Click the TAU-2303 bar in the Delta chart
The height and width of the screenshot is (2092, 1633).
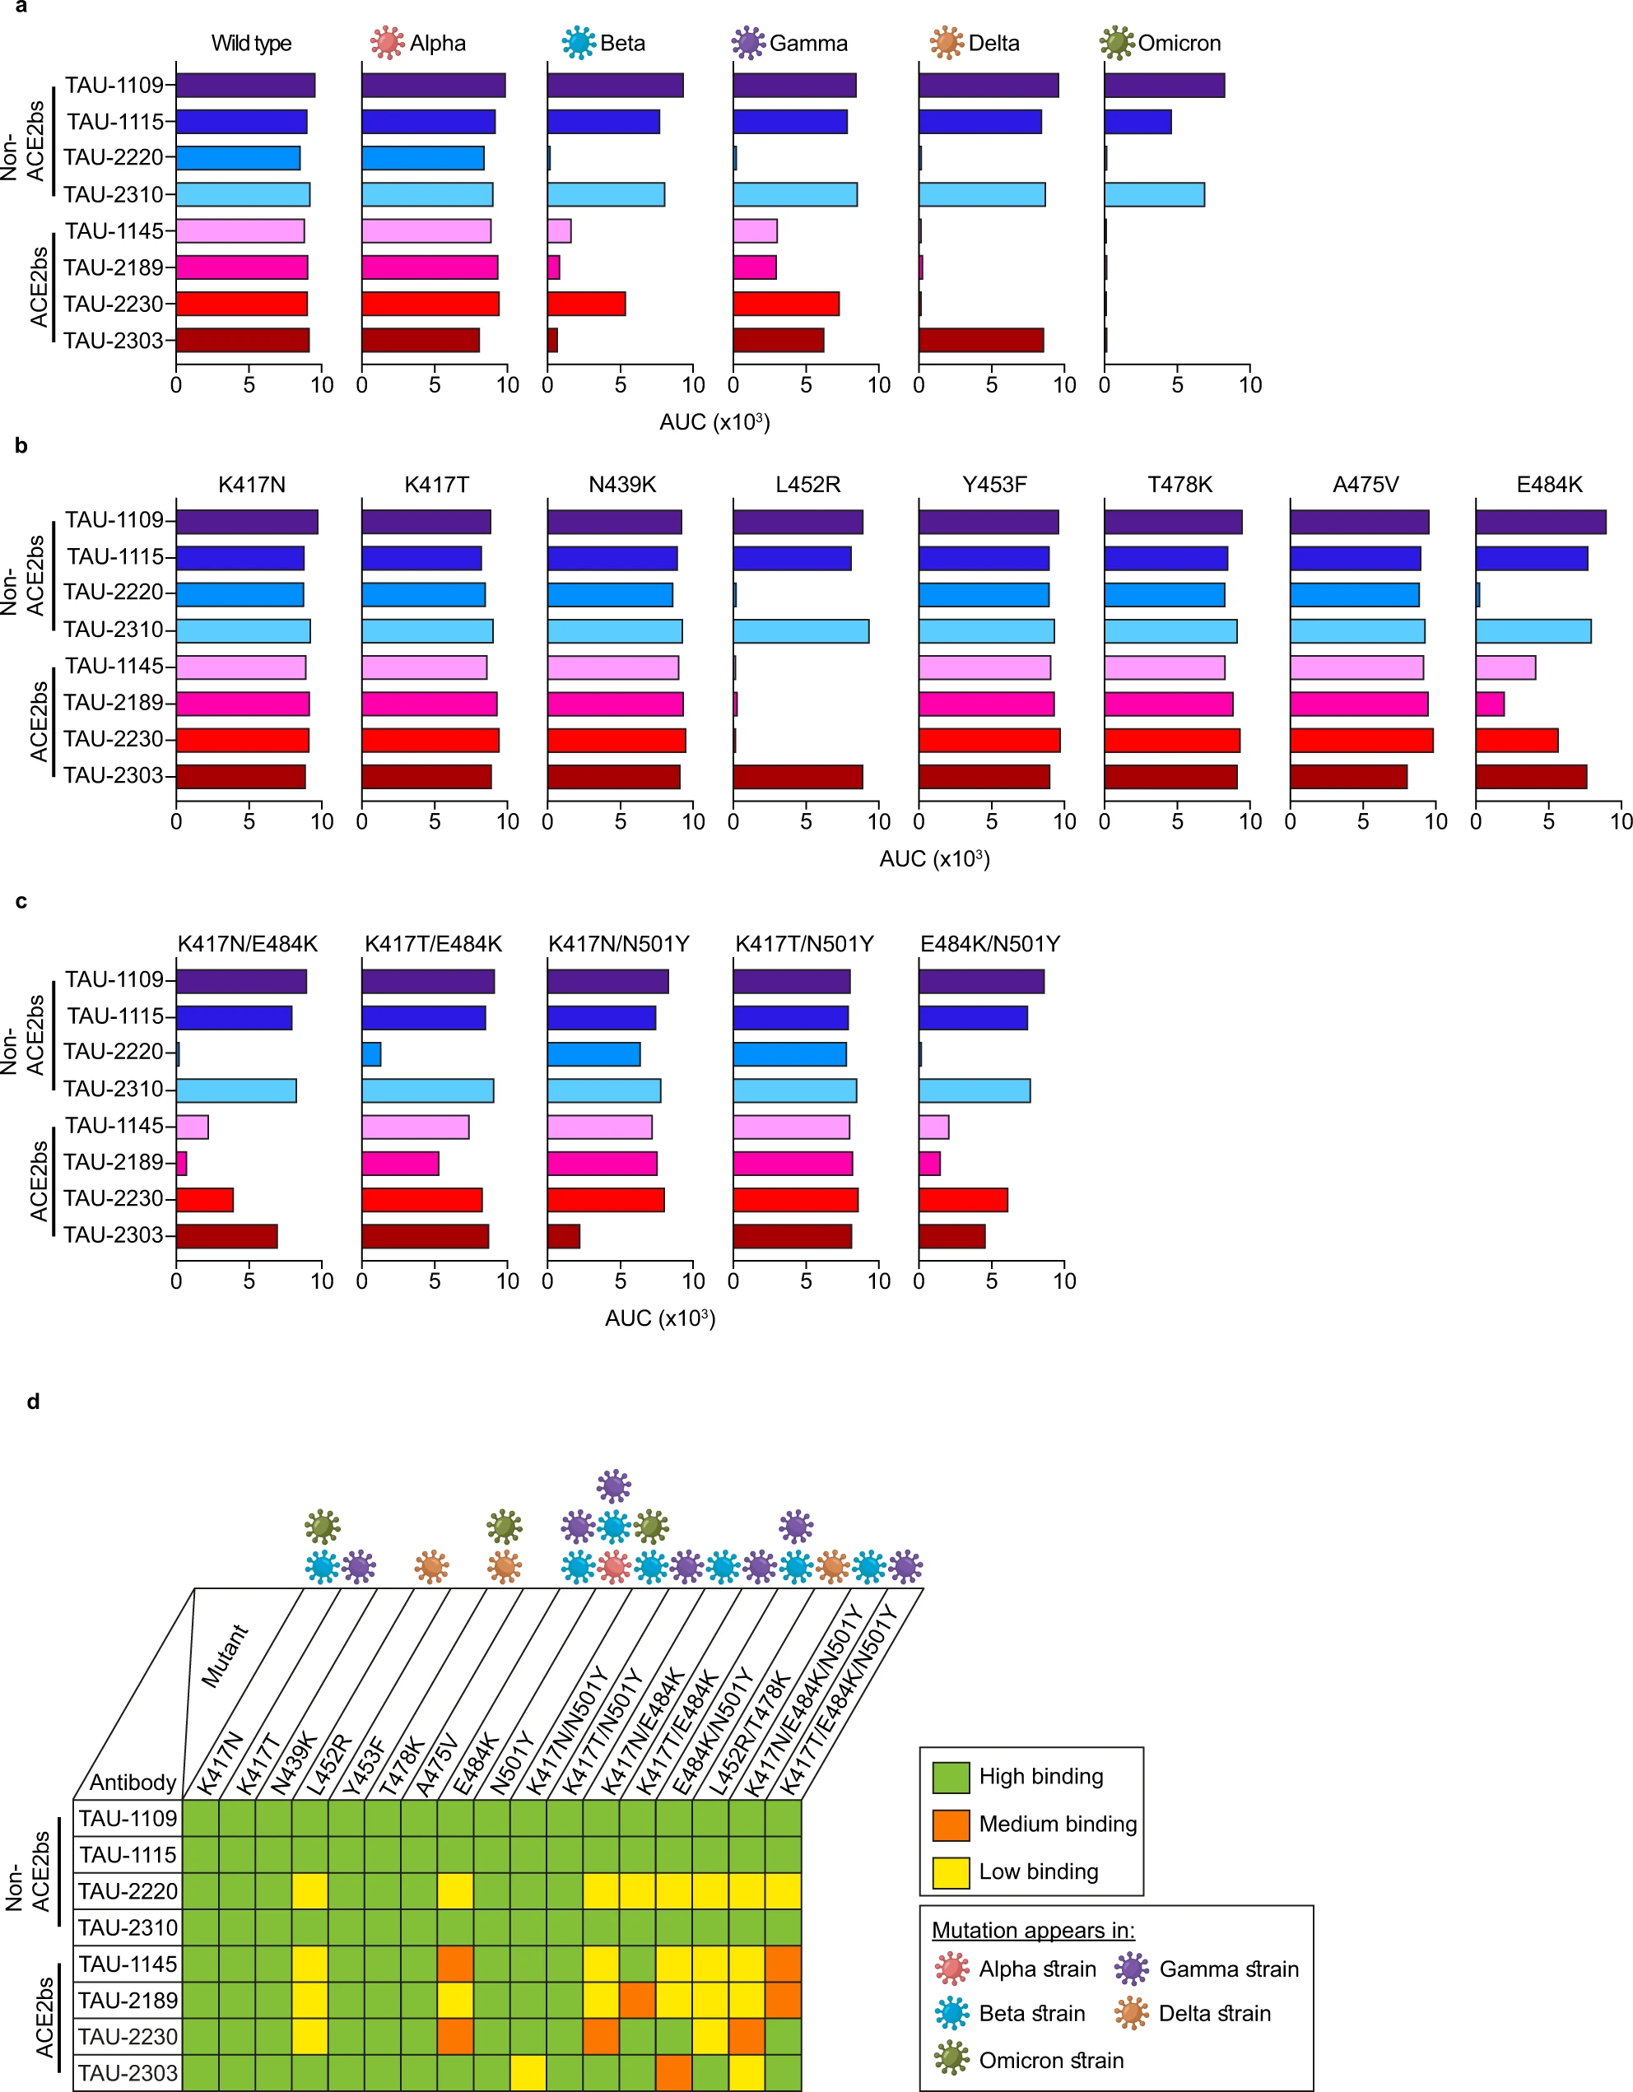pos(981,340)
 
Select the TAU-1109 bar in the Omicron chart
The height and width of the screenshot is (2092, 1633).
pos(1164,86)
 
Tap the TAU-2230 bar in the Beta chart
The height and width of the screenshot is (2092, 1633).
pos(586,304)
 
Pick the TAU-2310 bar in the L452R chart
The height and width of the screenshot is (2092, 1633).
pos(801,631)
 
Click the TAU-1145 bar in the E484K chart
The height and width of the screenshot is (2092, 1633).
pos(1505,667)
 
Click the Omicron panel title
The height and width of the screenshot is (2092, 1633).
pos(1178,43)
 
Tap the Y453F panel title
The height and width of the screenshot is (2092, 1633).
pos(994,485)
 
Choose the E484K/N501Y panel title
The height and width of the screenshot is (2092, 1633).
pos(989,943)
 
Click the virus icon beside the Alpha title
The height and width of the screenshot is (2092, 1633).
pos(387,43)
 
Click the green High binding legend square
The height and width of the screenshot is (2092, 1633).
pos(950,1778)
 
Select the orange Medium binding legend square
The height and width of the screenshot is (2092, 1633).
pos(950,1825)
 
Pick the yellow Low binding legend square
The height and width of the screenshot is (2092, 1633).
pos(950,1872)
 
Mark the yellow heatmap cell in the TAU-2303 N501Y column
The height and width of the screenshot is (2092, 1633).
pos(528,2073)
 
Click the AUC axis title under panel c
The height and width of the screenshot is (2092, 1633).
pos(660,1318)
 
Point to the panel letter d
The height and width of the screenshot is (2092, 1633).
pos(33,1402)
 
